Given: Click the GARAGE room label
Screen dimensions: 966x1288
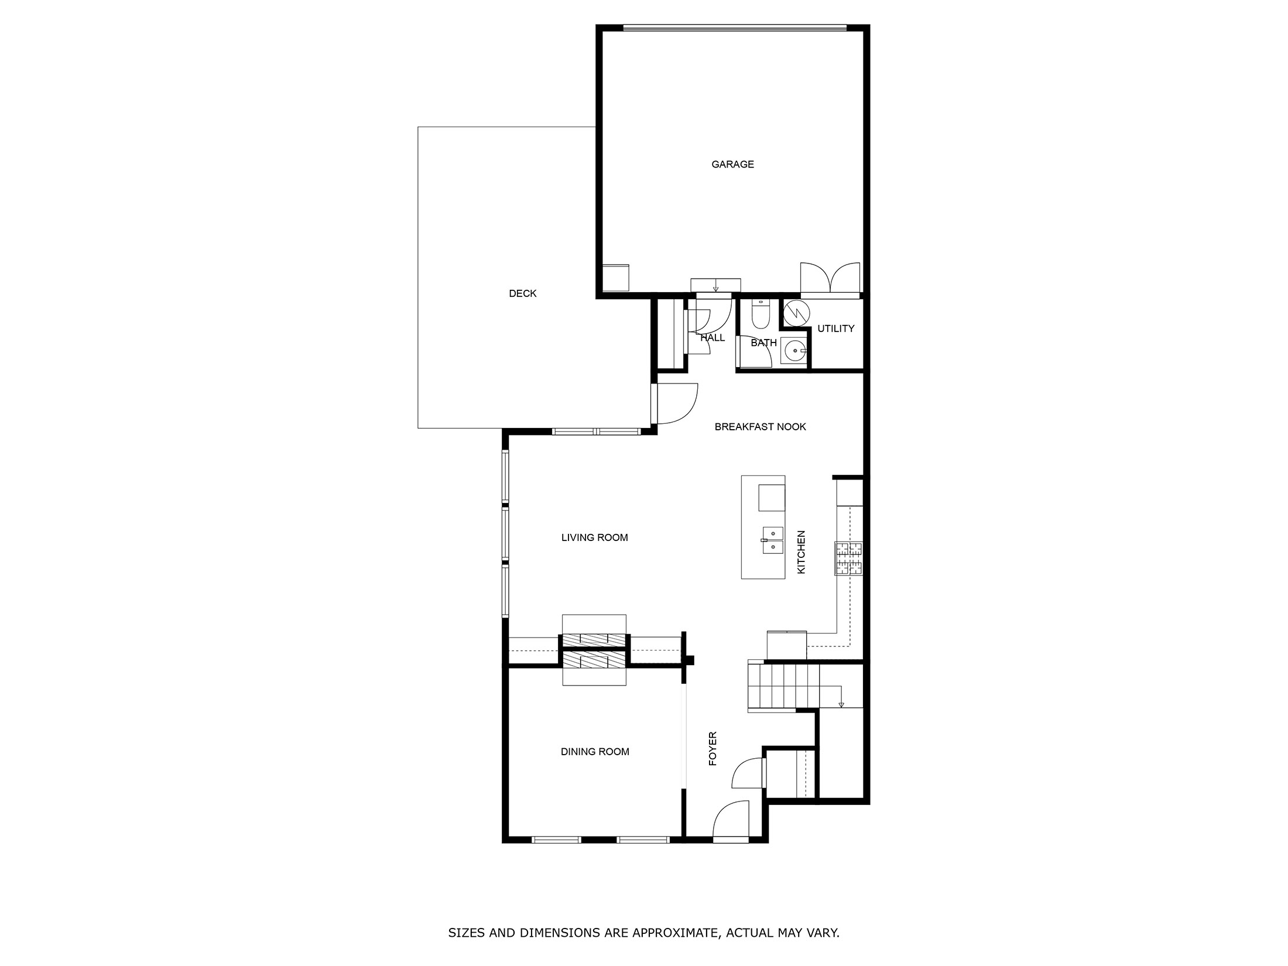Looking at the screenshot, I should tap(732, 165).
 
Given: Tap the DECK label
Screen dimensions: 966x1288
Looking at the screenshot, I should tap(522, 294).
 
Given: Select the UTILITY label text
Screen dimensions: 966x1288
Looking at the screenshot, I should tap(835, 329).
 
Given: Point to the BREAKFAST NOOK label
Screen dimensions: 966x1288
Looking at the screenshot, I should tap(760, 427).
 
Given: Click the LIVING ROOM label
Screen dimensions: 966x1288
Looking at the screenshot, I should tap(594, 537).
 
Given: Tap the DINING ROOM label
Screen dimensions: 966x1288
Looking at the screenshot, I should tap(595, 752).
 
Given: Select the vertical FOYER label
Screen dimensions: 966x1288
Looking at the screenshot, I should tap(712, 749).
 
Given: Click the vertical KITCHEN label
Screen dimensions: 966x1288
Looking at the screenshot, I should tap(801, 552).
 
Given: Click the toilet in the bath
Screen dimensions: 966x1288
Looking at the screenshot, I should tap(761, 316).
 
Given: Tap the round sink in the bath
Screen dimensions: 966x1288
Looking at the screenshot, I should tap(794, 351).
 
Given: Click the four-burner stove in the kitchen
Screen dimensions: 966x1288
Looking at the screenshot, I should tap(848, 559).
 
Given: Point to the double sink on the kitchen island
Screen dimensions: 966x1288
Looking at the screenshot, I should tap(773, 540).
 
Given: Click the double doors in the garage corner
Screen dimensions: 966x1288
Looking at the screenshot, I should tap(830, 278).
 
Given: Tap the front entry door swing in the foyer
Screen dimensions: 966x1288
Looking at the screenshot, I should tap(730, 820).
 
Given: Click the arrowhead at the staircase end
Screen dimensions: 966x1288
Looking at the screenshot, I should tap(841, 704).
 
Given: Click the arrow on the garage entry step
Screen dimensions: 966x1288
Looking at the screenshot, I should tap(715, 288).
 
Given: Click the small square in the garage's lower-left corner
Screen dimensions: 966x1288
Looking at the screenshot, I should tap(615, 278).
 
